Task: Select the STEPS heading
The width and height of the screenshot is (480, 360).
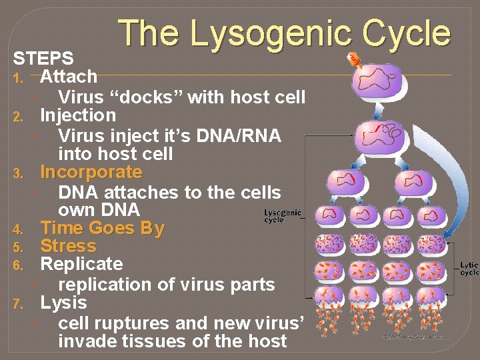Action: pyautogui.click(x=43, y=58)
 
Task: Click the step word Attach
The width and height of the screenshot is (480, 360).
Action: pyautogui.click(x=69, y=77)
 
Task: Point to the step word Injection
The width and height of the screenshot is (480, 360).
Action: pyautogui.click(x=78, y=115)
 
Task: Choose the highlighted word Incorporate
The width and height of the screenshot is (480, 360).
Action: pyautogui.click(x=91, y=173)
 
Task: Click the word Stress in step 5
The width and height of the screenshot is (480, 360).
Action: pyautogui.click(x=68, y=247)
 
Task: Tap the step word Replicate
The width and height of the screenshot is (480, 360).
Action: pyautogui.click(x=81, y=265)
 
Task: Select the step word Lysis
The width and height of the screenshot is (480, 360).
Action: pyautogui.click(x=63, y=303)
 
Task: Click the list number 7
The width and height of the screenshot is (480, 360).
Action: pyautogui.click(x=19, y=305)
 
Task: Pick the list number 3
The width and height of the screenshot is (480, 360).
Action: pyautogui.click(x=19, y=175)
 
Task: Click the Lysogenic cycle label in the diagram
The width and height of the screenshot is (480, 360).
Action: pyautogui.click(x=283, y=216)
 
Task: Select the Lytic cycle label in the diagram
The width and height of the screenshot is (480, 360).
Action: pyautogui.click(x=469, y=269)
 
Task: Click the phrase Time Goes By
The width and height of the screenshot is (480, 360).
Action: pyautogui.click(x=102, y=229)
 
